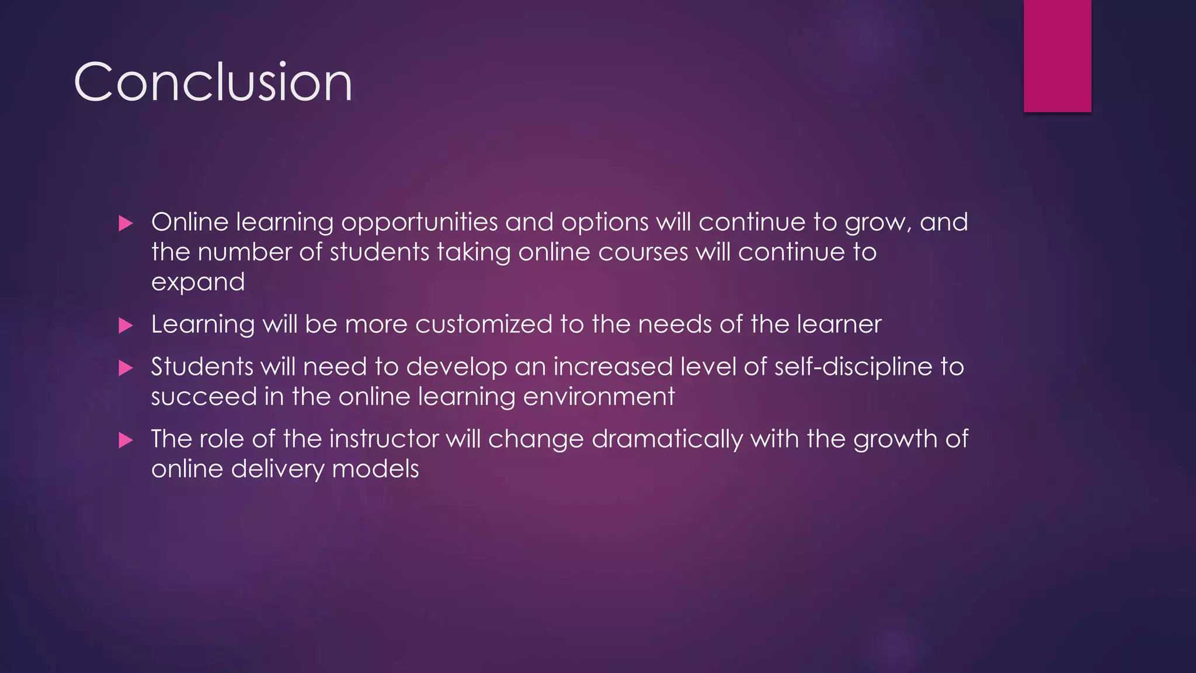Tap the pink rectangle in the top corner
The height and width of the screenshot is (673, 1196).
(x=1057, y=55)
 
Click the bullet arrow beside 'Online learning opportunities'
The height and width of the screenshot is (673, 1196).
(x=126, y=223)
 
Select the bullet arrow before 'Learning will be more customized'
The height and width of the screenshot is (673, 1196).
(x=126, y=325)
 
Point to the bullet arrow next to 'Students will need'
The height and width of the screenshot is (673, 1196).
(x=126, y=368)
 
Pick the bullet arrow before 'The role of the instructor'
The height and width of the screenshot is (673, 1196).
(x=126, y=440)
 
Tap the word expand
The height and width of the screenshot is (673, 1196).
(x=198, y=283)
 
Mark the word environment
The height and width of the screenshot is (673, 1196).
(x=599, y=397)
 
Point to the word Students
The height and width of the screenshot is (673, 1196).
(x=201, y=367)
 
